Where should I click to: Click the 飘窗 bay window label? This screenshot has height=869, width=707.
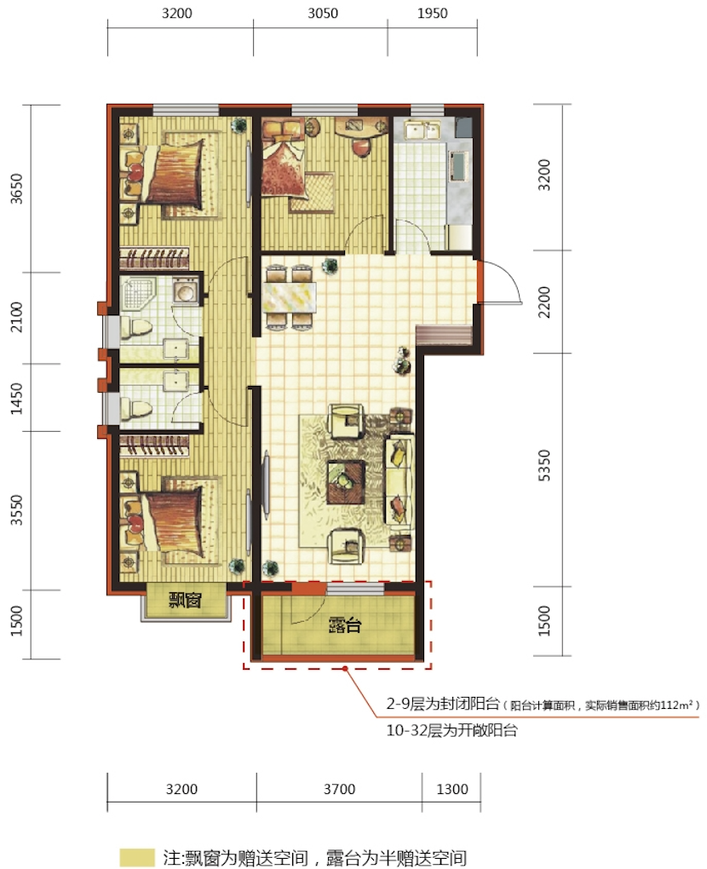pyautogui.click(x=185, y=601)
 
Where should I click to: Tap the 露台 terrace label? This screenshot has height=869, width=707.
pyautogui.click(x=345, y=625)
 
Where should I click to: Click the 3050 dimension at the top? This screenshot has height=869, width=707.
pyautogui.click(x=323, y=13)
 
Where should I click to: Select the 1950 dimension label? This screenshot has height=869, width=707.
pyautogui.click(x=432, y=13)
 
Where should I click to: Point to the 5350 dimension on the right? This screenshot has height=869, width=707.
pyautogui.click(x=545, y=465)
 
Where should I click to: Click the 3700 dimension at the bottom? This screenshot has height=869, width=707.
pyautogui.click(x=339, y=789)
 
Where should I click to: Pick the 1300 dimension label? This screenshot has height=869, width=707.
pyautogui.click(x=452, y=789)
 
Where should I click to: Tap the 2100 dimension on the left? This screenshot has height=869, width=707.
pyautogui.click(x=18, y=317)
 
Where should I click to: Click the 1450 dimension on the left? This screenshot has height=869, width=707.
pyautogui.click(x=18, y=398)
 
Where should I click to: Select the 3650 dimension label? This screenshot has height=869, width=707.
pyautogui.click(x=18, y=189)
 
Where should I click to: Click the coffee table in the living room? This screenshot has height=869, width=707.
pyautogui.click(x=346, y=481)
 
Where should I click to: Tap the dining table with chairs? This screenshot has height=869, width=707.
pyautogui.click(x=291, y=297)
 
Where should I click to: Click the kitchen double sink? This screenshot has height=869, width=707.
pyautogui.click(x=422, y=131)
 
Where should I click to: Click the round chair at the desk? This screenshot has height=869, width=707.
pyautogui.click(x=360, y=148)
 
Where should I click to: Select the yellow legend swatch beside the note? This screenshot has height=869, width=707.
pyautogui.click(x=137, y=858)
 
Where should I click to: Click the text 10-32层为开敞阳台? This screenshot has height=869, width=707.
pyautogui.click(x=451, y=730)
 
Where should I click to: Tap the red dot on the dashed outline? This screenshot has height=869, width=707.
pyautogui.click(x=345, y=669)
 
